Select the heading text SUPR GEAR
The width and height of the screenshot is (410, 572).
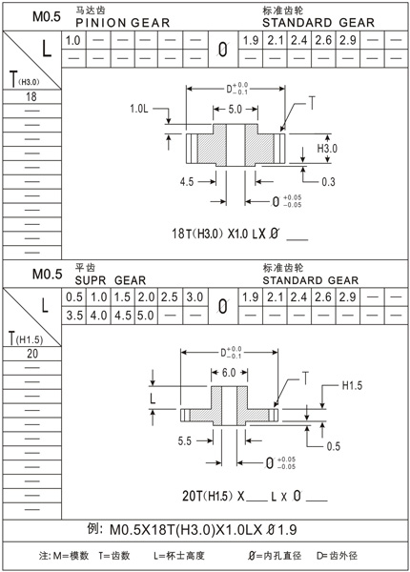coord(110,280)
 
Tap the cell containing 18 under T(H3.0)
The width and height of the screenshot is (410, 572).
coord(31,97)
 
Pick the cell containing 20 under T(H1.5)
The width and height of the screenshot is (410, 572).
coord(31,353)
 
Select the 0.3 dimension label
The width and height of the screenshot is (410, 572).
coord(327,179)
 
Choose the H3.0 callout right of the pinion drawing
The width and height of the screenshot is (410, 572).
coord(327,149)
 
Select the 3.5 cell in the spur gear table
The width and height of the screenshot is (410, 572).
coord(73,316)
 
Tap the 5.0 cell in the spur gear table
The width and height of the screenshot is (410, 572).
coord(146,316)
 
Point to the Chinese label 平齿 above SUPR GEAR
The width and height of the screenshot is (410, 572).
coord(85,268)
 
